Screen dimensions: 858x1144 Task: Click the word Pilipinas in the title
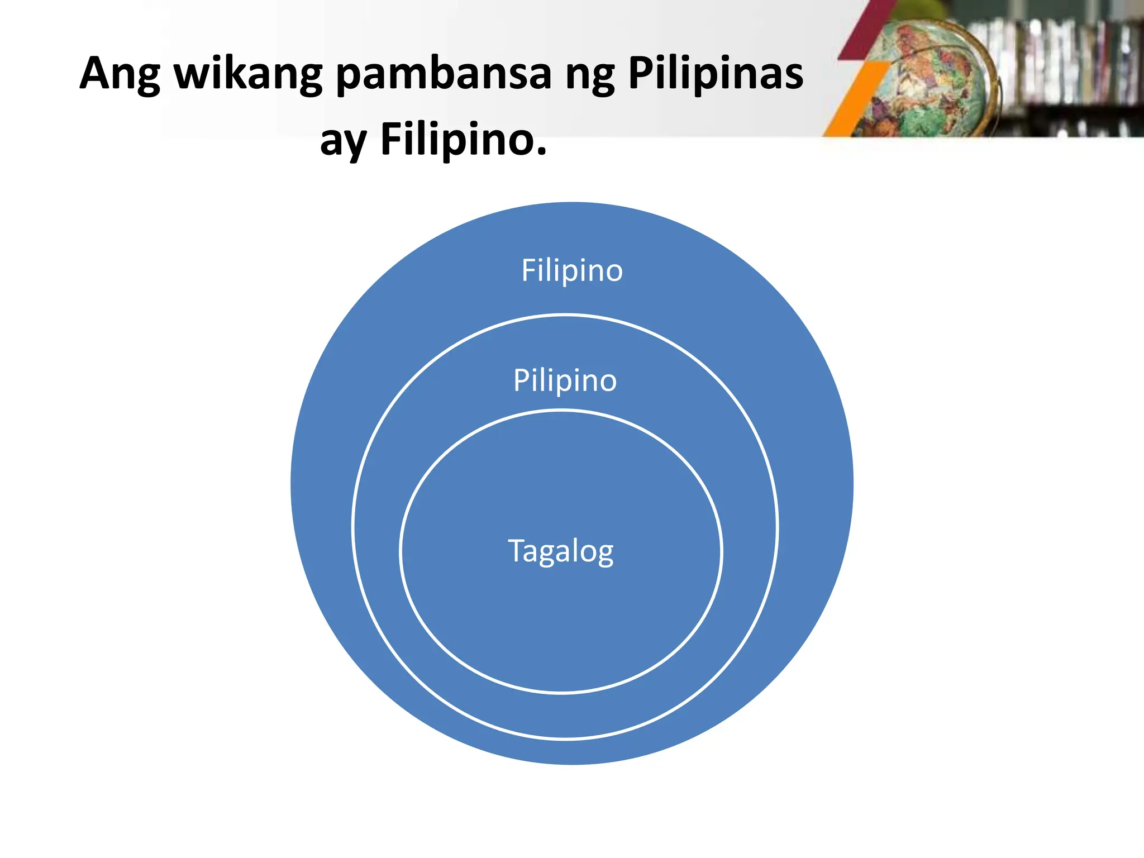click(x=716, y=73)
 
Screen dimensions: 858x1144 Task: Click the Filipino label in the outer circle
click(x=571, y=271)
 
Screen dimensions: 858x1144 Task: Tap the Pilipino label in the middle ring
click(x=565, y=381)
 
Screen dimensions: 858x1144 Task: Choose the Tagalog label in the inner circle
click(x=560, y=551)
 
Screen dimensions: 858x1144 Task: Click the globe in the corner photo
click(x=930, y=78)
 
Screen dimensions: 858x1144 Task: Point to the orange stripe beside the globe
click(x=855, y=101)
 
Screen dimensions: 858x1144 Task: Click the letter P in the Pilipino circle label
click(x=521, y=380)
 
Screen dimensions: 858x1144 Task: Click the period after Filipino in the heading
click(x=541, y=151)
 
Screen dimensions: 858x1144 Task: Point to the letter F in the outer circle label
click(x=528, y=270)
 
